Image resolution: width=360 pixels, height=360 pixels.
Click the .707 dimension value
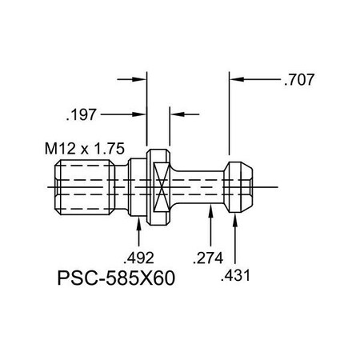[298, 80]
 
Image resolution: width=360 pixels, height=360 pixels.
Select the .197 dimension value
[83, 115]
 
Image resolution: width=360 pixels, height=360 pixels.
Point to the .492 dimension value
[140, 258]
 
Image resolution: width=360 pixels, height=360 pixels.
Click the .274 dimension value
[209, 258]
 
